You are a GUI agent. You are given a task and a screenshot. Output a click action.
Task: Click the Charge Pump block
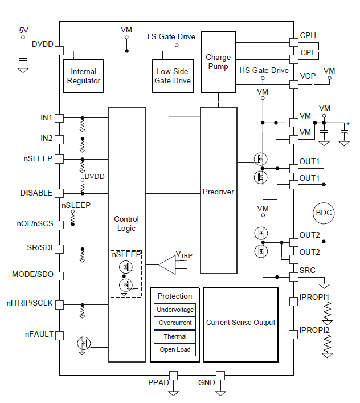pos(218,62)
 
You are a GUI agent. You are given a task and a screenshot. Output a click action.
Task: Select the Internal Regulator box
pos(84,76)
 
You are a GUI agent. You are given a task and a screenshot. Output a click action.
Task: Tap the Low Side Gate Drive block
pos(173,76)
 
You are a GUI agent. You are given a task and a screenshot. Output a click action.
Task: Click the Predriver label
pos(218,192)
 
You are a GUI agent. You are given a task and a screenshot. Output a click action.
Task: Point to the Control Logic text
pos(126,223)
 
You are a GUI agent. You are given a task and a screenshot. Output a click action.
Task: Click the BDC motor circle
pos(324,213)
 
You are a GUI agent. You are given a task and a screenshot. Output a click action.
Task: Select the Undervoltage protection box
pos(175,310)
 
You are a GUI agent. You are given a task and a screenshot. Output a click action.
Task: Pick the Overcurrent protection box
pos(175,323)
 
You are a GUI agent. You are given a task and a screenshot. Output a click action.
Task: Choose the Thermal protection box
pos(175,336)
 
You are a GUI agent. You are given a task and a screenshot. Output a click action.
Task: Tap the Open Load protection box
pos(175,349)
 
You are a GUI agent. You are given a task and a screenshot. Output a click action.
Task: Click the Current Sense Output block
pos(240,323)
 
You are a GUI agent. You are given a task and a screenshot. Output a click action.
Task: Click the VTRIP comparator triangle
pos(167,264)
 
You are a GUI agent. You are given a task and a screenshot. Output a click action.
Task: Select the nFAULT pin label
pos(38,335)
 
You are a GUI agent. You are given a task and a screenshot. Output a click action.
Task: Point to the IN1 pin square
pos(59,118)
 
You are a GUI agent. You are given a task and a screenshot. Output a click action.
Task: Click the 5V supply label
pos(23,30)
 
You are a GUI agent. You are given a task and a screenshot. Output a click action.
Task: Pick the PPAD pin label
pos(158,382)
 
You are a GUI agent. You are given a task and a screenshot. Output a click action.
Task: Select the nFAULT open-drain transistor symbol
pos(84,343)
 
